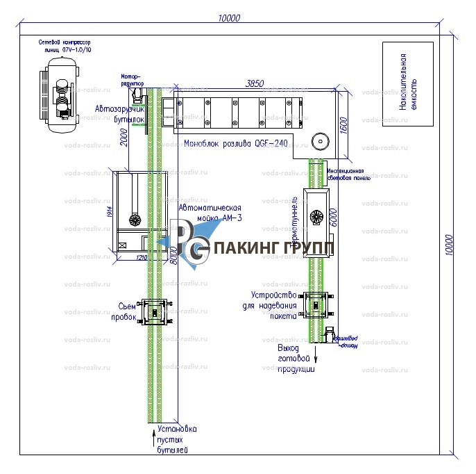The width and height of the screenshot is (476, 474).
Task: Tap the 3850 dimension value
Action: point(255,83)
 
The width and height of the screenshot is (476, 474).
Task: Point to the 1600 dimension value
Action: point(342,128)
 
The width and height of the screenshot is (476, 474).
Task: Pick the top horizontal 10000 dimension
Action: point(228,19)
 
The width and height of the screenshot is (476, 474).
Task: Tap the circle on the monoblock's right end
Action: point(320,140)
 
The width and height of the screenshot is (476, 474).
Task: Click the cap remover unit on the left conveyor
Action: point(154,312)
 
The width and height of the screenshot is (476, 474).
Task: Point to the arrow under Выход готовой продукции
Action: point(316,357)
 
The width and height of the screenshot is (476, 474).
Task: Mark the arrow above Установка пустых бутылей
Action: point(154,437)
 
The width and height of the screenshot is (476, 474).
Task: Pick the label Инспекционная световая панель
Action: point(347,173)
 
